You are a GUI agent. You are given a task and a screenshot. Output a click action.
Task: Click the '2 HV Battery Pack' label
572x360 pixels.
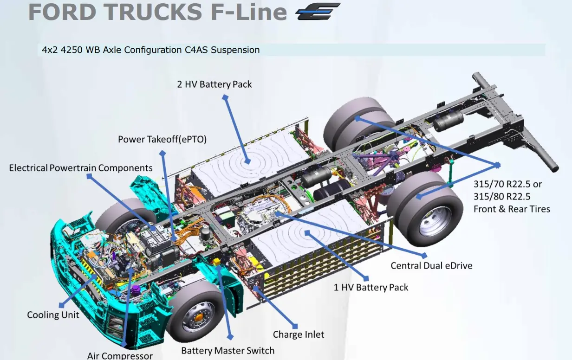214,84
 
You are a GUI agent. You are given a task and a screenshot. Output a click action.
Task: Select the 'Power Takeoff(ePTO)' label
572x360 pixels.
162,139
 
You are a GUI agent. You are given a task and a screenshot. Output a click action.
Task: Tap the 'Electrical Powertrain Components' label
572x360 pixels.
81,167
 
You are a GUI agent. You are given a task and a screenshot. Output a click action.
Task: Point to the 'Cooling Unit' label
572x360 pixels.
53,315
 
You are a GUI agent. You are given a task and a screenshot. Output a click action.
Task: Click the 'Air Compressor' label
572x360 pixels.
120,355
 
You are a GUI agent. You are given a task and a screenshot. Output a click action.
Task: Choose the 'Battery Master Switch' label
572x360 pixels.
227,350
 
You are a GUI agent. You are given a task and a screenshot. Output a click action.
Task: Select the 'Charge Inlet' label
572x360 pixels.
299,334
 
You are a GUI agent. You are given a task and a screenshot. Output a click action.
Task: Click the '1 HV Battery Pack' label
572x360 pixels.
371,287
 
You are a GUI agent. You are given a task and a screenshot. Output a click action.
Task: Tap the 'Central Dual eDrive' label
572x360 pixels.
431,266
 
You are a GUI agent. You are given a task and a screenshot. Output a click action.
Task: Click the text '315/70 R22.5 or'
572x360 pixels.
507,184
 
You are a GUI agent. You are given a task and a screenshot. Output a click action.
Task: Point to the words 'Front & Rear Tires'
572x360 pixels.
512,209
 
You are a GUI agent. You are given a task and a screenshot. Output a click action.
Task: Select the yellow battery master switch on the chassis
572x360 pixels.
216,262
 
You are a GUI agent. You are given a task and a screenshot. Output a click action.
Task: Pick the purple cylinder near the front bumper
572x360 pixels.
136,291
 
